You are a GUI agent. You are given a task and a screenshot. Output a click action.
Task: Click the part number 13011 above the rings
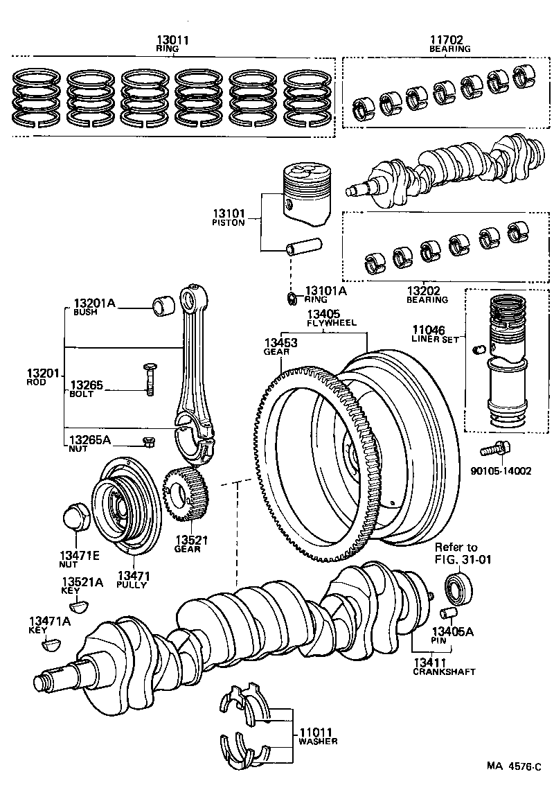[x=172, y=41]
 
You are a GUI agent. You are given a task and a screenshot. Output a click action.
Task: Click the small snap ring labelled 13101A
[x=292, y=299]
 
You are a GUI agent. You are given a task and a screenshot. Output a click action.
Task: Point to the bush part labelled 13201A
[x=163, y=304]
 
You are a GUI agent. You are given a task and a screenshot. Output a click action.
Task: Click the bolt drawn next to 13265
[x=150, y=380]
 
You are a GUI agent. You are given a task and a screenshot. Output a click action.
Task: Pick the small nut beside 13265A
[x=147, y=441]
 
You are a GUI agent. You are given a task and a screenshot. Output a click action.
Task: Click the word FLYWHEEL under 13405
[x=332, y=323]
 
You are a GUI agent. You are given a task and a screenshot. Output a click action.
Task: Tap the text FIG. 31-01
[x=462, y=560]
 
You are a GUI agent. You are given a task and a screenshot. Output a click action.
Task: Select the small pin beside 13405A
[x=447, y=613]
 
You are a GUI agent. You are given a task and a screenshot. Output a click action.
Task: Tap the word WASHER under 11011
[x=318, y=741]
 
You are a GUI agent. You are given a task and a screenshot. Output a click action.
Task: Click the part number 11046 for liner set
[x=429, y=331]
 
